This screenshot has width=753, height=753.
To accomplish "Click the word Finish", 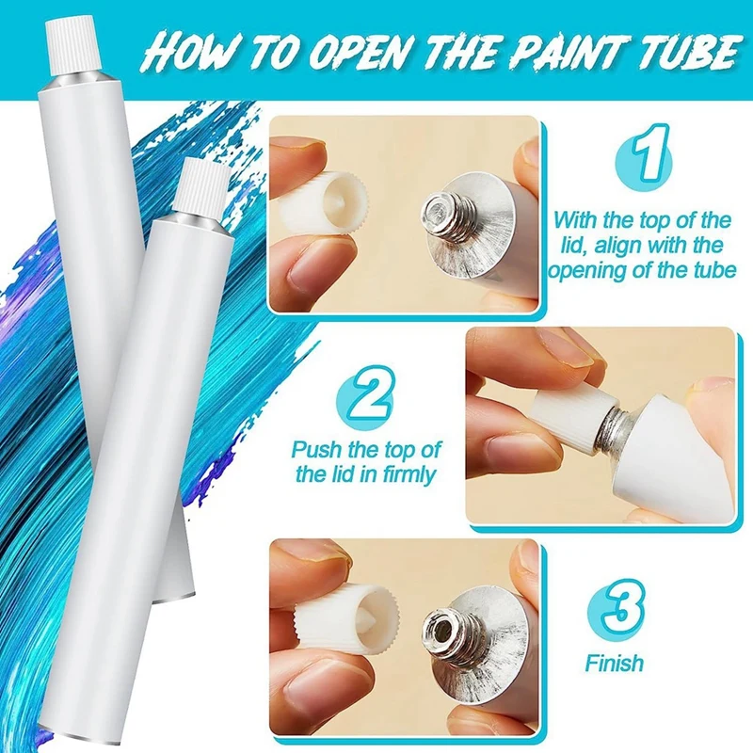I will click(x=614, y=663).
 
